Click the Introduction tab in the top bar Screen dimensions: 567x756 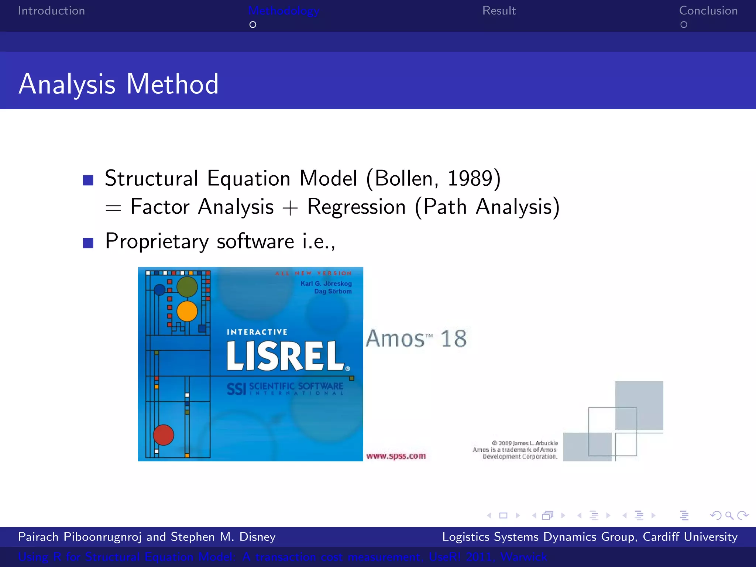pos(51,11)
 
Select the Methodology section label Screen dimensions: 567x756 pos(283,11)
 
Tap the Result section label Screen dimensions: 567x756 pos(499,11)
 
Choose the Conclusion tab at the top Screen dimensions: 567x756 pos(708,11)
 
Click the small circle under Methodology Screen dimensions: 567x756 pos(253,25)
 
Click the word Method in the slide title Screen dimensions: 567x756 pos(172,84)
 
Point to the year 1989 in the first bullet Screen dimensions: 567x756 pos(470,179)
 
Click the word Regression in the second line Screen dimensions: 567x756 pos(356,207)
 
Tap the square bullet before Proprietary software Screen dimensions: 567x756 pos(88,243)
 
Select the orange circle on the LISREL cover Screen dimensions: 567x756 pos(187,311)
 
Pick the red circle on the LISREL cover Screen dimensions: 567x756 pos(163,435)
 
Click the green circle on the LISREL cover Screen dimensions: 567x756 pos(187,287)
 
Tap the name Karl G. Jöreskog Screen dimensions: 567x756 pos(326,283)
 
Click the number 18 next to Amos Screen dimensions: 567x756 pos(454,339)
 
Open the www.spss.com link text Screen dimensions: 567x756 pos(396,456)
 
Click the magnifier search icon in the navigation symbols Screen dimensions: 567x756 pos(729,515)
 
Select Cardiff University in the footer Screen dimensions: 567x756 pos(690,537)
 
